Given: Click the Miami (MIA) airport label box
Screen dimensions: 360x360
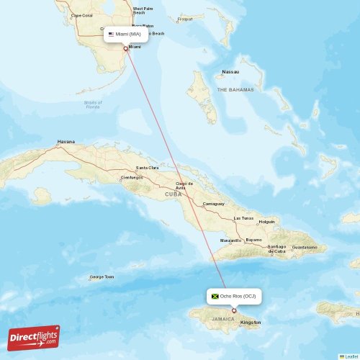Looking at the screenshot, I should coord(126,34).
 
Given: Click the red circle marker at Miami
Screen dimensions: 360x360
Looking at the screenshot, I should coord(126,49).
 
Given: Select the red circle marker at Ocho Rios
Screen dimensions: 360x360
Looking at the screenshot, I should coord(233,311).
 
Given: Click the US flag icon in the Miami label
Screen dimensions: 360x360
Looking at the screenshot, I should coord(111,34).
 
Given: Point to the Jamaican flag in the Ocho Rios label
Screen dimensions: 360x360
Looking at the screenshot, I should coord(215,296).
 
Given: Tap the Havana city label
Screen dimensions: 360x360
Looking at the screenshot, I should coord(66,142).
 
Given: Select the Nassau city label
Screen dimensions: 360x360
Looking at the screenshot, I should coord(230,72).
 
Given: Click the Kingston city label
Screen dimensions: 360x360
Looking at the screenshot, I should coord(251,323).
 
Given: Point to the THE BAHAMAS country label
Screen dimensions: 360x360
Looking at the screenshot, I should coord(235,89).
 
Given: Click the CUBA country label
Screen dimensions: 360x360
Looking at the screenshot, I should coord(173,194).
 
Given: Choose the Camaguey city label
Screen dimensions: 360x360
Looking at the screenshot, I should coord(213,204).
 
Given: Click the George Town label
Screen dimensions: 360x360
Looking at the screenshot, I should coord(102,276).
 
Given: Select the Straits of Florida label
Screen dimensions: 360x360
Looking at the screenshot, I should coord(93,104).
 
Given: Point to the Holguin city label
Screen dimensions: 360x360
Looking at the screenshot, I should coord(267,221).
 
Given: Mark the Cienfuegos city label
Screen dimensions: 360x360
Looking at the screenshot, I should coord(132,177).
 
